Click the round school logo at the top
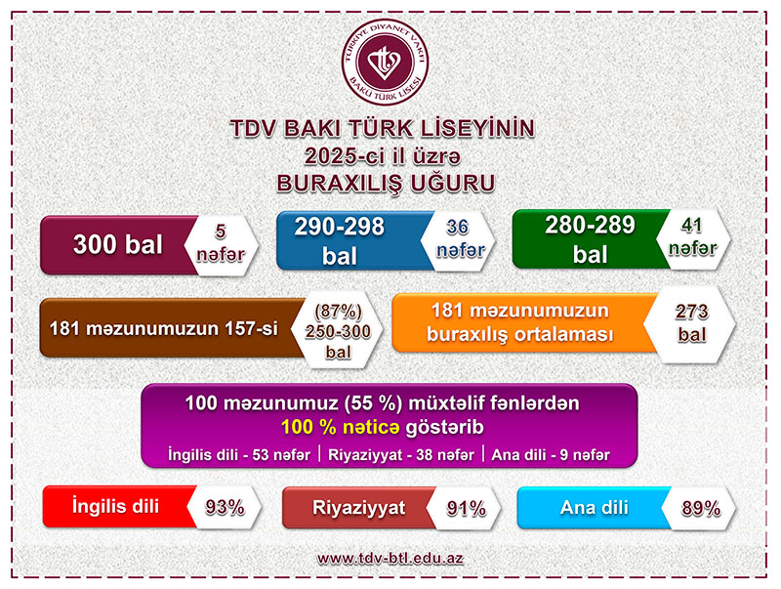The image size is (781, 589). click(385, 62)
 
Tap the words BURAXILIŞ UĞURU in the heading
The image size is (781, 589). click(386, 183)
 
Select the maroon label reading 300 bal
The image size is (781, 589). click(118, 244)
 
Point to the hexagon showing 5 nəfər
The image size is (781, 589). click(221, 243)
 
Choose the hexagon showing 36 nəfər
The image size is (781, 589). click(458, 239)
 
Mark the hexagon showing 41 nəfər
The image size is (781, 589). click(693, 237)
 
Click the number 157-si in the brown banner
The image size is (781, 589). click(251, 329)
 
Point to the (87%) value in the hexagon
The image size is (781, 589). click(338, 312)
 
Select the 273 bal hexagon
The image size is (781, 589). click(690, 324)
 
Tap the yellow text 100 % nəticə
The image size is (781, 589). click(340, 428)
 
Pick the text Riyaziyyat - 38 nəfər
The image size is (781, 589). click(401, 455)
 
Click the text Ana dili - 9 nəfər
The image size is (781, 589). click(551, 455)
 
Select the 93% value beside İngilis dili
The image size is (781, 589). click(225, 508)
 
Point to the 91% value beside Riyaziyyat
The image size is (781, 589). click(466, 508)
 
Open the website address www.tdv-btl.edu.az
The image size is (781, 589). click(390, 558)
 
